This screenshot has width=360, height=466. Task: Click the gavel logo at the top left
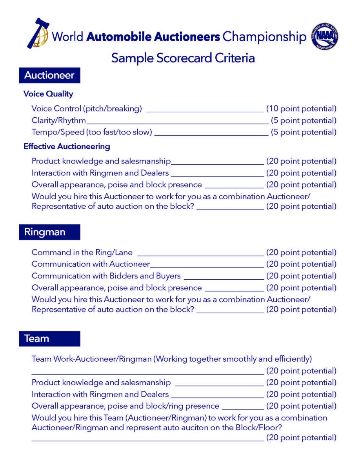pos(38,33)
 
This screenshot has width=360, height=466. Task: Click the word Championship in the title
pos(264,37)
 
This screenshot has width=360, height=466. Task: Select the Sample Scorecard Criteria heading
pos(183,58)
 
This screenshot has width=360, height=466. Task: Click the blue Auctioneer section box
pos(49,75)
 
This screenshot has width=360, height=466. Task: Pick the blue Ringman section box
pos(49,232)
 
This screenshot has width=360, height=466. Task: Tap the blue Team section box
pos(49,339)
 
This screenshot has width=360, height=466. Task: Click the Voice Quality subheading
pos(48,94)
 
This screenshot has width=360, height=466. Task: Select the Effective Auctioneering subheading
pos(67,147)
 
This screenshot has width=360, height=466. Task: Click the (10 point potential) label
pos(301,109)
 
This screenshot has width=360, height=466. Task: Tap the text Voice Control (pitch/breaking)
pos(87,109)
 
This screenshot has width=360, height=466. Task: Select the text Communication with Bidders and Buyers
pos(106,276)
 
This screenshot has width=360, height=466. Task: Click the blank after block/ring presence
pos(243,409)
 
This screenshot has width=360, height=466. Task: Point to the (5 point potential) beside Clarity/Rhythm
pos(304,120)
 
